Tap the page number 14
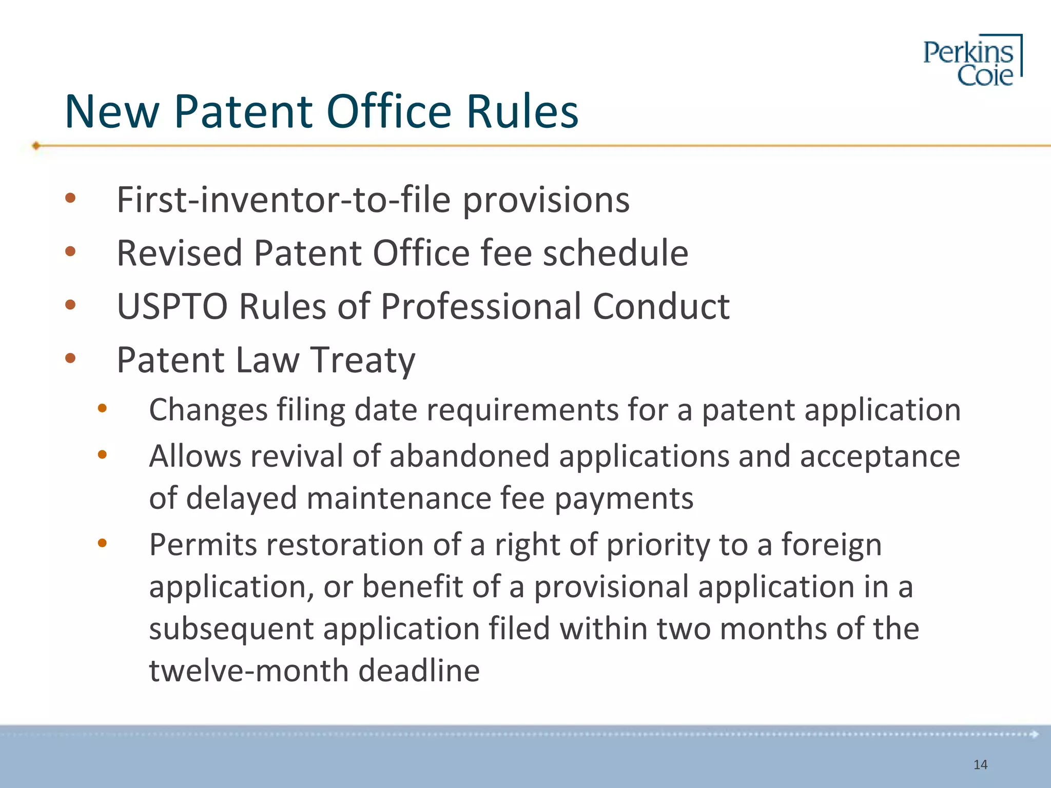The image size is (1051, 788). [980, 765]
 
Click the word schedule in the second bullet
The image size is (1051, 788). [615, 253]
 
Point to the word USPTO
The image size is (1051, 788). [172, 306]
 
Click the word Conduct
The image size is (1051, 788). [661, 306]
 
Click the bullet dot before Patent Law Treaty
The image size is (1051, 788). [70, 358]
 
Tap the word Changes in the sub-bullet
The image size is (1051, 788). [208, 410]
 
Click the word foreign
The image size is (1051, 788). [831, 544]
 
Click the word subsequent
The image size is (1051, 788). [231, 629]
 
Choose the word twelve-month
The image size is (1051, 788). [248, 671]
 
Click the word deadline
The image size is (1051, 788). [419, 671]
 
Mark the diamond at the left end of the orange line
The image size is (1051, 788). [36, 146]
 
